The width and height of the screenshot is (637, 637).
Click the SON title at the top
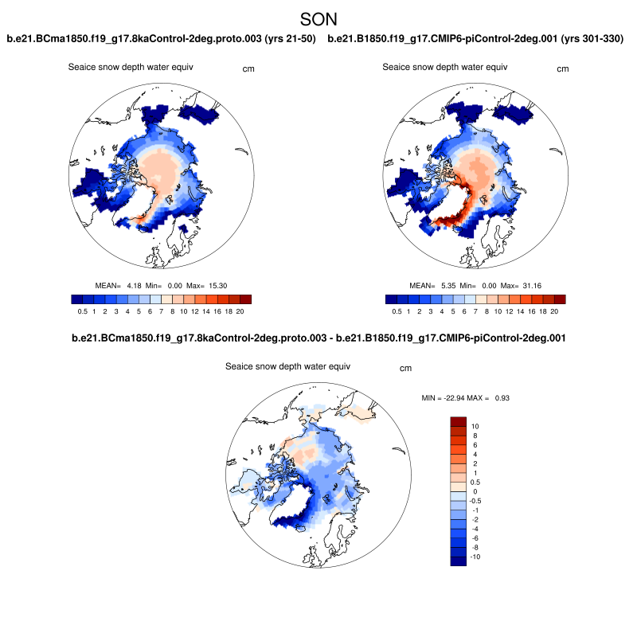(318, 18)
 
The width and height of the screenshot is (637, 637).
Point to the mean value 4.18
(134, 285)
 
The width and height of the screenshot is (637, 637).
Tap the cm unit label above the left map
(248, 69)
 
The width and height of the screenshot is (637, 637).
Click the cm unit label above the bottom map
(405, 368)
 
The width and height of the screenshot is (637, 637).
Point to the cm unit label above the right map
(563, 69)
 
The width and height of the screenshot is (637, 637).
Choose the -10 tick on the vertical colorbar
(476, 557)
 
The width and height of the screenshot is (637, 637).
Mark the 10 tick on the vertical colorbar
(475, 427)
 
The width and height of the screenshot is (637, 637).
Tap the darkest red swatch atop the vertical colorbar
(458, 421)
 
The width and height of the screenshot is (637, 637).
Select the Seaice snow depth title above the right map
(444, 67)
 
